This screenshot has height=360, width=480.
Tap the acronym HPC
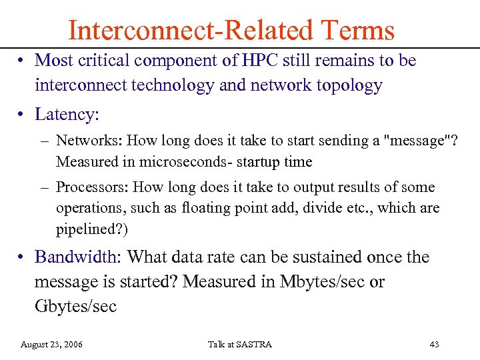pos(252,61)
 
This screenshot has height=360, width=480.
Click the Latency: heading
pos(67,114)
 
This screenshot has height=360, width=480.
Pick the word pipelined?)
pos(83,230)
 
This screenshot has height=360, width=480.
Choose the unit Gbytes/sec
pos(75,307)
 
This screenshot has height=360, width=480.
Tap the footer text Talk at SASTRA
pos(239,344)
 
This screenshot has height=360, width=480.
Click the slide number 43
pos(434,344)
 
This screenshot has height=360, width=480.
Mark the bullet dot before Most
pos(22,61)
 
